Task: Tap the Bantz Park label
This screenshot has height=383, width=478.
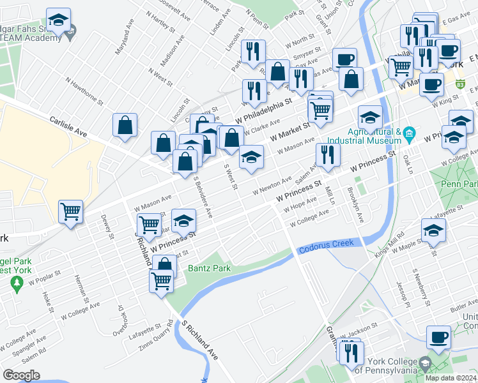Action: point(209,269)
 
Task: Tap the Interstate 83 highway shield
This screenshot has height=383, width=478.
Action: point(461,84)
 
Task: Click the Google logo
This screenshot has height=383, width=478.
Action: point(21,375)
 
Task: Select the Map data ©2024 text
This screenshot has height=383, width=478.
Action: point(450,378)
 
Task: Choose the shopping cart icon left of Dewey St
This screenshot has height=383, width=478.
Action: point(70,211)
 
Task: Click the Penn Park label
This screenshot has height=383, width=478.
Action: point(459,184)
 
